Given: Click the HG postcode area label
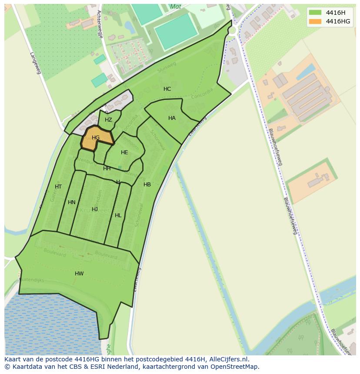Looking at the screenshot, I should (96, 138).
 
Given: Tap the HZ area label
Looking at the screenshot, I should (108, 120).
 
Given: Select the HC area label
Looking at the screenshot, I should (167, 89).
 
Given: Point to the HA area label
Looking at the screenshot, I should (172, 118).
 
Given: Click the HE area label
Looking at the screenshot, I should (124, 152).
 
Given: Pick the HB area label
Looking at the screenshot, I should (147, 185).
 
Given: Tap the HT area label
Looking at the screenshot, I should (58, 187).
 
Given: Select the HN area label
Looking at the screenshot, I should (72, 202).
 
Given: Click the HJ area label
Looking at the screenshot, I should (95, 209).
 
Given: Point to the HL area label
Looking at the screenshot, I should (118, 215).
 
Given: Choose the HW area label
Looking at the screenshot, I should (79, 274).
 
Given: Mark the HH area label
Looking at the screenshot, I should (107, 169).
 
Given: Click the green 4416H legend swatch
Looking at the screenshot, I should (315, 13).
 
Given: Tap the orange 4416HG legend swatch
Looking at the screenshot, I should (315, 21).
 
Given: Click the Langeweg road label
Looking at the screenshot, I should (35, 63).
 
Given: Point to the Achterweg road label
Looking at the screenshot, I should (100, 24).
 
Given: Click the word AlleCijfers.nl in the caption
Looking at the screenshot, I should (227, 359).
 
